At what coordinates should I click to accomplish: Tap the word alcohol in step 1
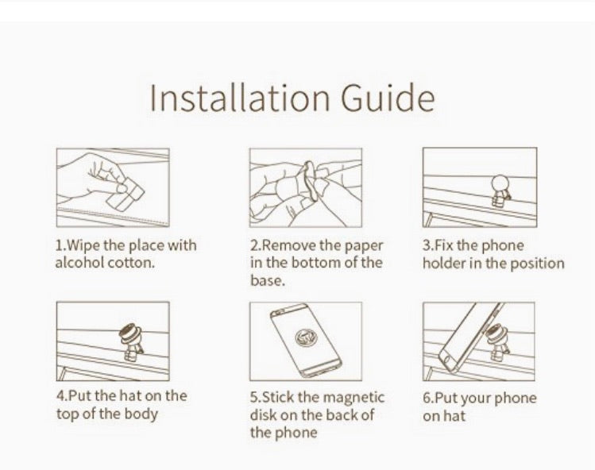click(x=79, y=263)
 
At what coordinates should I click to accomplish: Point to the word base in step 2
click(x=267, y=281)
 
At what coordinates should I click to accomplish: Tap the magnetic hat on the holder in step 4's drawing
click(x=129, y=333)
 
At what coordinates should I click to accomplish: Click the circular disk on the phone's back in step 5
click(x=306, y=337)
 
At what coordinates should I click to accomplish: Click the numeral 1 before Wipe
click(x=59, y=245)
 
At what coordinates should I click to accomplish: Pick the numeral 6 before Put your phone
click(x=427, y=398)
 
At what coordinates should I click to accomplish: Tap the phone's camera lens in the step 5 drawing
click(x=276, y=314)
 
